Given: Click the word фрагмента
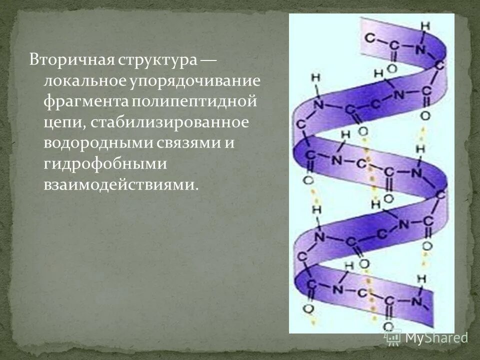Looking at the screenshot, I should pos(85,101).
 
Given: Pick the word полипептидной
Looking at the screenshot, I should pos(194,101).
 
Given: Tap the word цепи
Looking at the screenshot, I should pos(59,123).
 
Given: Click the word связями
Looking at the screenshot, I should pos(186,143).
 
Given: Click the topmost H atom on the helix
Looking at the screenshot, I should pos(424,26).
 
